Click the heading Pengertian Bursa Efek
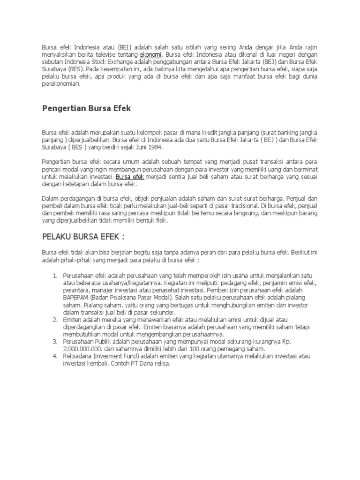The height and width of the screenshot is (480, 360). (x=86, y=108)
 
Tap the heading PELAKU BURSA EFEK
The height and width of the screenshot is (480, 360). (x=84, y=235)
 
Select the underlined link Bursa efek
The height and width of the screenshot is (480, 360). (x=130, y=177)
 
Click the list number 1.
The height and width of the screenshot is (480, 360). (x=54, y=275)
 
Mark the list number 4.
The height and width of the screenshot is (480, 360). (x=54, y=356)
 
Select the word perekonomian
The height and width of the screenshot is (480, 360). (x=61, y=84)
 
